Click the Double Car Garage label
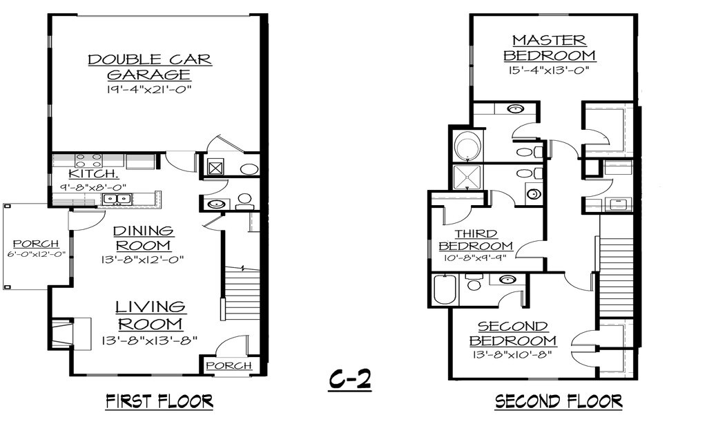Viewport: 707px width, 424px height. [150, 67]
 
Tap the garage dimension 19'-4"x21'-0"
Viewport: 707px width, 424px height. [150, 90]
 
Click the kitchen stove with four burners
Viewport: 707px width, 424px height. [88, 161]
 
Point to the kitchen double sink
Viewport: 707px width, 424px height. [116, 200]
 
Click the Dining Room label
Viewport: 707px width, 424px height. [143, 238]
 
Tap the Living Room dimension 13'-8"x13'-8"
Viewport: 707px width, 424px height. [150, 340]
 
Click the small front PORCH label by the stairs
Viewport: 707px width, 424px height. [228, 365]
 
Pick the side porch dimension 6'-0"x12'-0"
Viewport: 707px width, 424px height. [35, 254]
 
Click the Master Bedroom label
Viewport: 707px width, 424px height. [549, 48]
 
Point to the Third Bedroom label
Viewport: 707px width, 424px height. [476, 240]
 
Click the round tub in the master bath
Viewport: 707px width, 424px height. [467, 146]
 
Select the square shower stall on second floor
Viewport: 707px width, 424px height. [467, 177]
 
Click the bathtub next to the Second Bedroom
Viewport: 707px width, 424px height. [443, 289]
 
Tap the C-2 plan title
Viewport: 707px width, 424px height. [349, 379]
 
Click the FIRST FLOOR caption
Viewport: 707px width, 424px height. [159, 401]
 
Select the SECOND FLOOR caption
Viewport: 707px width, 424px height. [558, 401]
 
